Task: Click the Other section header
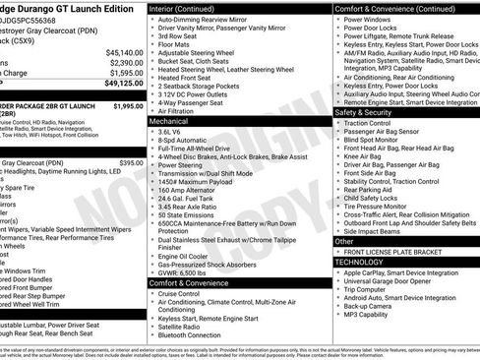click(345, 241)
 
